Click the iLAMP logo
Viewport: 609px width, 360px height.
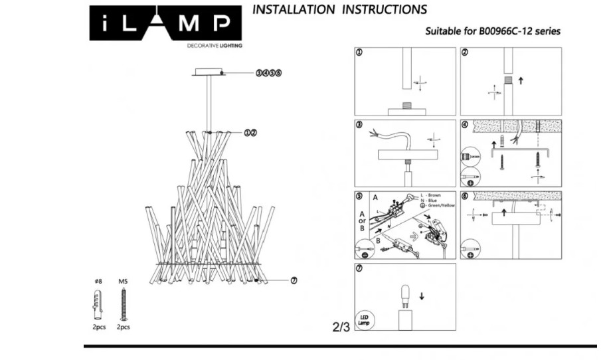click(166, 24)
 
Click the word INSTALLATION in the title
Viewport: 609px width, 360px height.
click(294, 9)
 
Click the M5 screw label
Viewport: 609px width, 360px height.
click(122, 282)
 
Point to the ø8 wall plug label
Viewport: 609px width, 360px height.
click(98, 282)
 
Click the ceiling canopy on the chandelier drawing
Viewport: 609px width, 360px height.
click(211, 72)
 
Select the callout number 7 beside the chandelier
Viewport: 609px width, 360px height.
click(294, 280)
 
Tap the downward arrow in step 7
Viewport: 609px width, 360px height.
click(422, 296)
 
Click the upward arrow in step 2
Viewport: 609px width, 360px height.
click(521, 80)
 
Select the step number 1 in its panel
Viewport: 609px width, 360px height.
click(359, 53)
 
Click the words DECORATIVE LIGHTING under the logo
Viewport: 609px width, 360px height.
click(214, 46)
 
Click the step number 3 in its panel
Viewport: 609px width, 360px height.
click(359, 125)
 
